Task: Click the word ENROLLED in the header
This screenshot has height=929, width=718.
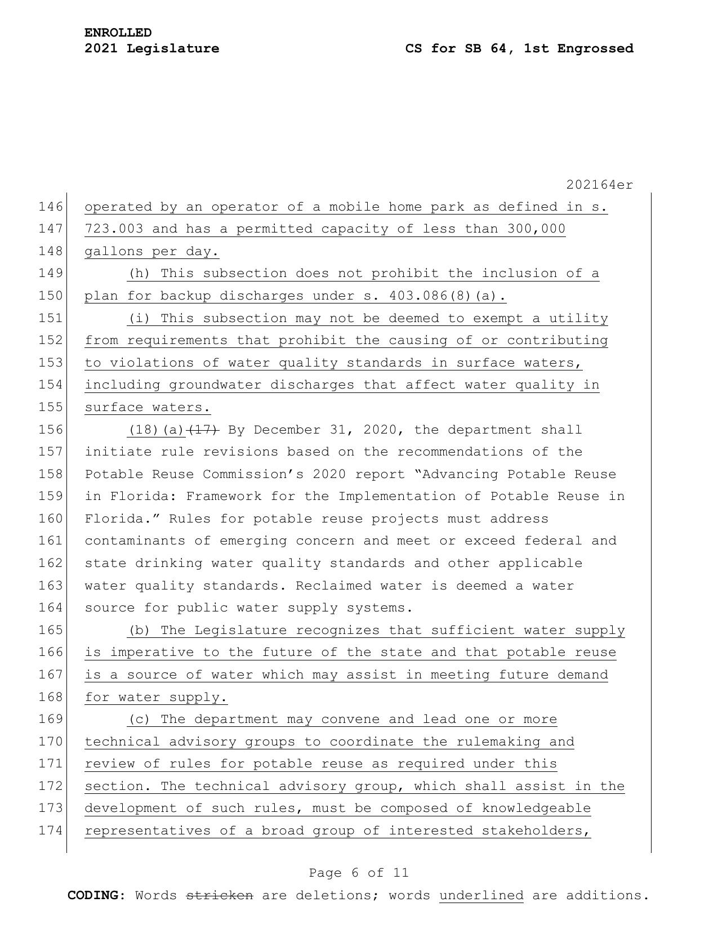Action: pos(118,33)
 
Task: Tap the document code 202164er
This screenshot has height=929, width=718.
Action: pos(599,185)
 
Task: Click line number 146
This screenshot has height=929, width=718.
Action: pos(50,207)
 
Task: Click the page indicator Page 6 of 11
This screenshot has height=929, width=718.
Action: pos(359,873)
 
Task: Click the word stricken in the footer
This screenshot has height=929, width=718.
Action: pos(220,896)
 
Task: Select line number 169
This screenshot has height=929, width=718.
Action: pos(50,720)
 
